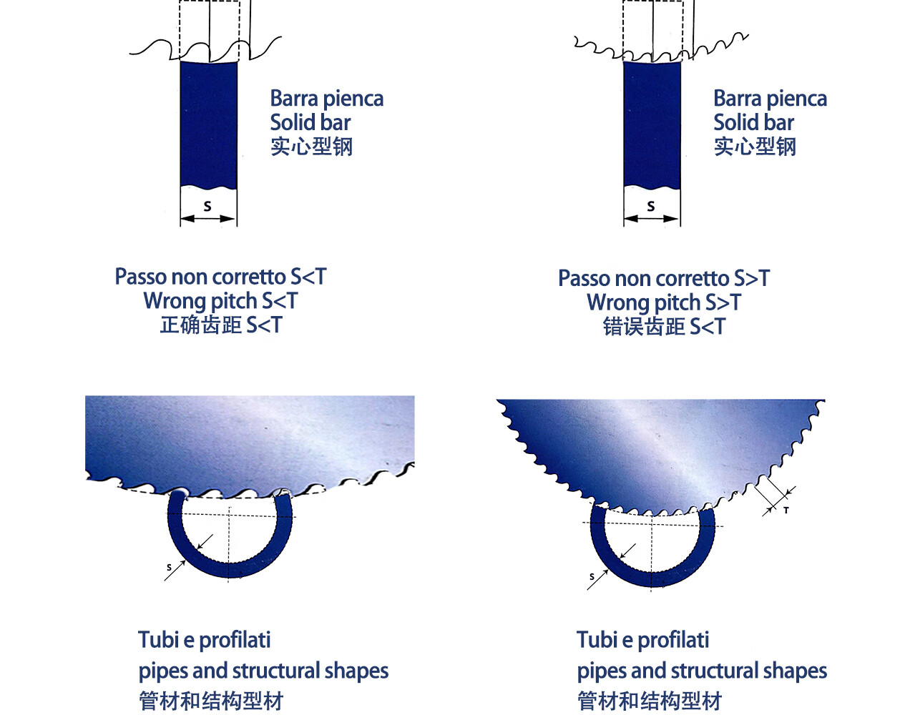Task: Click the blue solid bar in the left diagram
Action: (x=208, y=125)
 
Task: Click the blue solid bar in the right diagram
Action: (x=652, y=125)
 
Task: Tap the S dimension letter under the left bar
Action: (x=207, y=206)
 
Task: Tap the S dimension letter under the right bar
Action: (x=651, y=206)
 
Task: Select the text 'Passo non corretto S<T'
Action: (x=220, y=277)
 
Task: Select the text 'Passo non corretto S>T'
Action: (x=664, y=278)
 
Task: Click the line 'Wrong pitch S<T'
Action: (x=220, y=301)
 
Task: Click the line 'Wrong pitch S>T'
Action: (x=664, y=302)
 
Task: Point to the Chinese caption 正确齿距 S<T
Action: (x=221, y=325)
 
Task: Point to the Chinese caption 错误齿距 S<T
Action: (x=664, y=327)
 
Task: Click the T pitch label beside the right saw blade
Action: (x=786, y=511)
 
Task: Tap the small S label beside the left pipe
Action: (x=169, y=568)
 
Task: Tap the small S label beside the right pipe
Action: (x=592, y=576)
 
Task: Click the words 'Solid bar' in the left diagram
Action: (x=310, y=122)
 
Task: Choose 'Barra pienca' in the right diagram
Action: (x=770, y=98)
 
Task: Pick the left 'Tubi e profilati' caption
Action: (x=205, y=640)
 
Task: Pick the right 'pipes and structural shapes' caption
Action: (x=702, y=671)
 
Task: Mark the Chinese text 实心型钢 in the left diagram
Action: (x=311, y=147)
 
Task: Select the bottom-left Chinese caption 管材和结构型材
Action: (x=211, y=701)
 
